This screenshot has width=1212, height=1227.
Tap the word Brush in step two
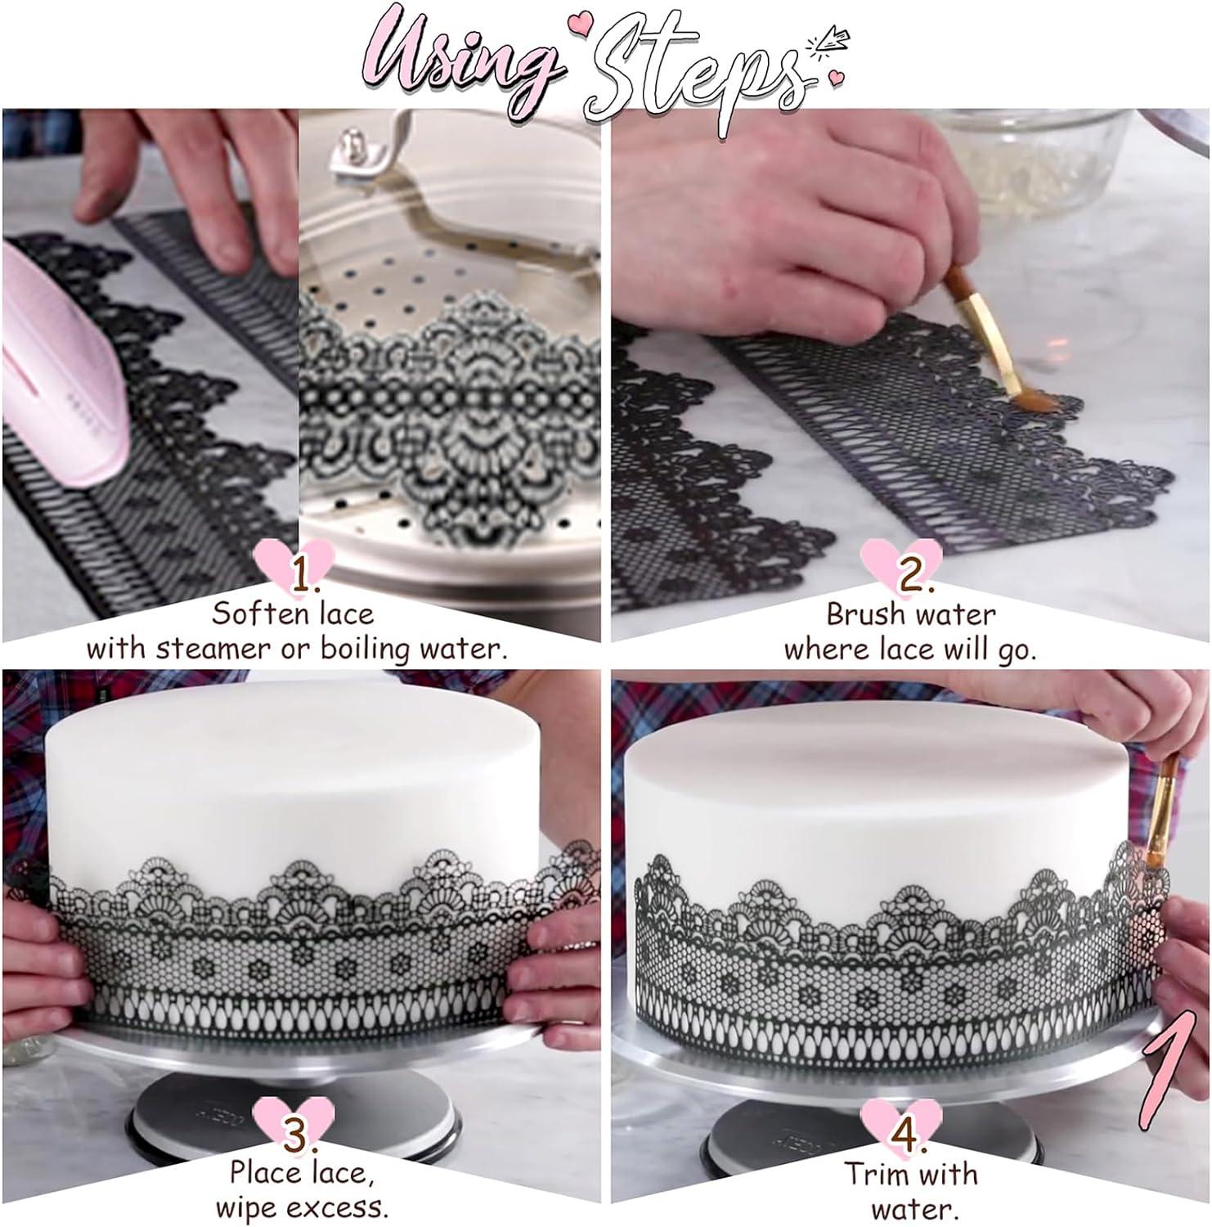(x=869, y=613)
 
